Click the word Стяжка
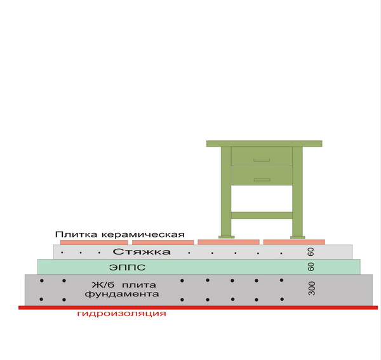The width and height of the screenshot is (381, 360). coord(142,251)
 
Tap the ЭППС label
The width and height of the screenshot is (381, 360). coord(128,267)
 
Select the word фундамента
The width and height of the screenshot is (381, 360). coord(122,294)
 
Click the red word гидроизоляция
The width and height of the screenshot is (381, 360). coord(121,314)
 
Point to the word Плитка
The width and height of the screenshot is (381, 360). coord(76,234)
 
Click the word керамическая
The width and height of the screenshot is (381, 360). coord(143,235)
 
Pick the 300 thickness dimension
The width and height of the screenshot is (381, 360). coord(312,288)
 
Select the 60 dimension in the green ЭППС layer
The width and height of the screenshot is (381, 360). coord(311,267)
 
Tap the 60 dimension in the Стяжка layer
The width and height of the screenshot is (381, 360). coord(311,251)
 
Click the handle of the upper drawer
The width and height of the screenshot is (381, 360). coord(262,160)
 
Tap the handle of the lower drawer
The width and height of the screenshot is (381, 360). coord(262,180)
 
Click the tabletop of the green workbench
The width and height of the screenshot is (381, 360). coord(264,143)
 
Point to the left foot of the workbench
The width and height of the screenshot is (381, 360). coord(227,237)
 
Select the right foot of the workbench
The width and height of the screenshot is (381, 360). coord(297,237)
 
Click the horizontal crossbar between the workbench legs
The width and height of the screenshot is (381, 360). coord(262,215)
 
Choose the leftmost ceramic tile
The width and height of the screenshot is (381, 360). coord(94,242)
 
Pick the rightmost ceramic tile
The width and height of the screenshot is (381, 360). coord(294,242)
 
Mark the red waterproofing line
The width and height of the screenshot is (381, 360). coord(198,307)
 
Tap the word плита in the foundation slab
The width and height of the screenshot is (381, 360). coord(139,285)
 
